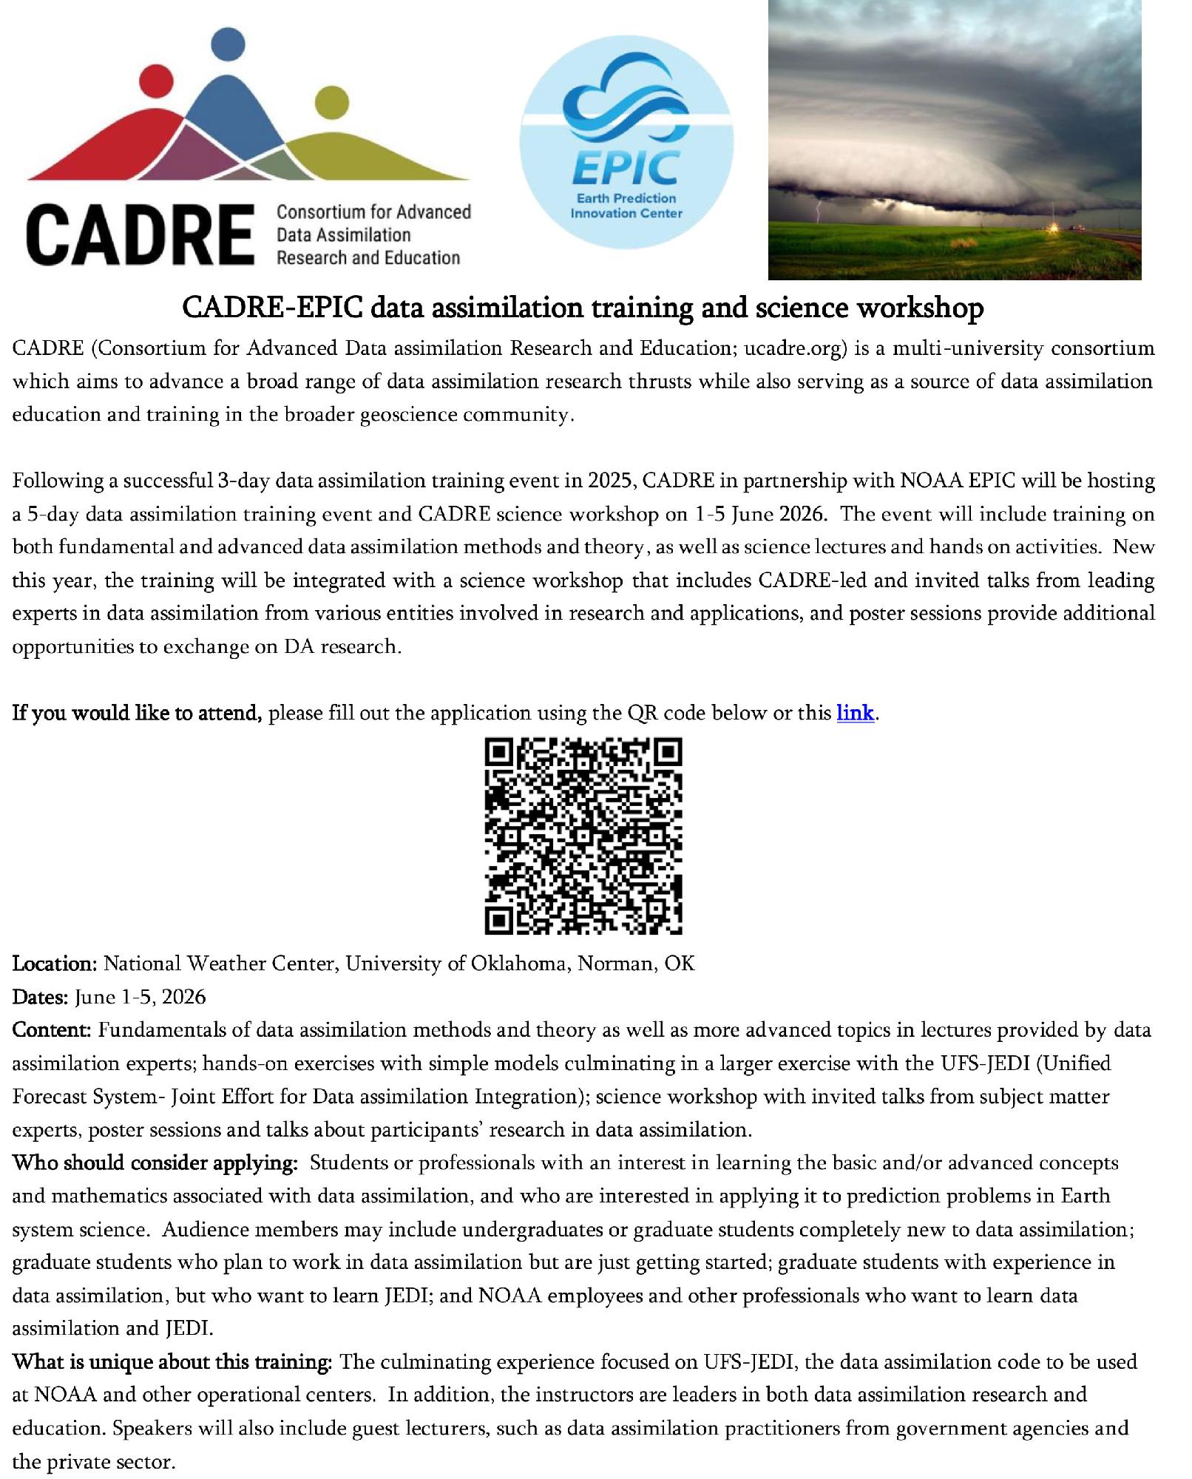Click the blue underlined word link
tap(855, 714)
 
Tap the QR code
tap(583, 836)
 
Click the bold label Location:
tap(54, 964)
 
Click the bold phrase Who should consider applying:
tap(155, 1163)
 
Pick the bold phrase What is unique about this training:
tap(172, 1362)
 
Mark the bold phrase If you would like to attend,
tap(137, 714)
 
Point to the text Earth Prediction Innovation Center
tap(626, 206)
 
